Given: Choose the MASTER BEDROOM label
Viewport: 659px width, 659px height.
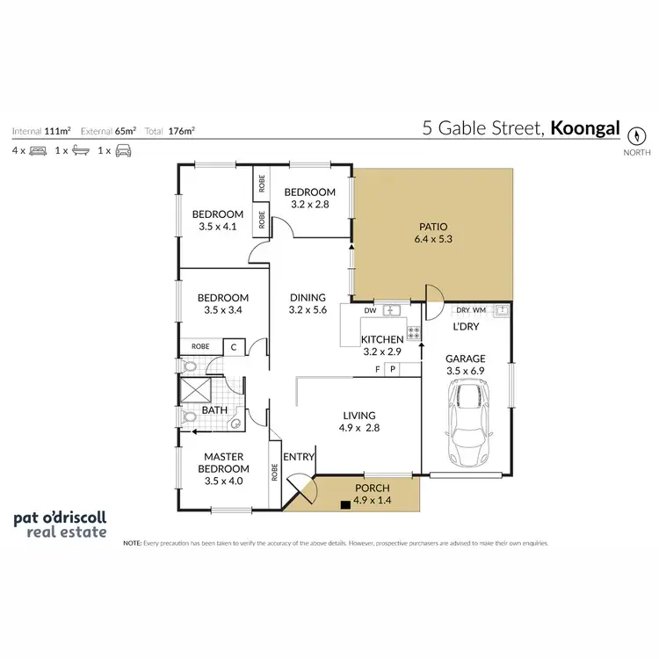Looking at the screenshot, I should click(223, 462).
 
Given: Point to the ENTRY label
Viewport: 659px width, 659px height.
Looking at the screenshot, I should click(300, 456).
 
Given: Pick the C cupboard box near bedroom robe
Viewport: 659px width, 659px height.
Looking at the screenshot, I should click(233, 347).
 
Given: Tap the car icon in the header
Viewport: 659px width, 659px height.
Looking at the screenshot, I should click(124, 150).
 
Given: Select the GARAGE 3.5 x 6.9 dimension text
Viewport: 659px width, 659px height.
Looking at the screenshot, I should click(465, 371).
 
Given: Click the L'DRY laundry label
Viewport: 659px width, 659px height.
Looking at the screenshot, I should click(465, 327).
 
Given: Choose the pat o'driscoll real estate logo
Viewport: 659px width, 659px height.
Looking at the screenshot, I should click(60, 525).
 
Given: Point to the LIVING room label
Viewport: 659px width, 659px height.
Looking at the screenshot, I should click(358, 416).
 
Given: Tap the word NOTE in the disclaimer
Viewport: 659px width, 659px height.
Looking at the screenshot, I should click(132, 543).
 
